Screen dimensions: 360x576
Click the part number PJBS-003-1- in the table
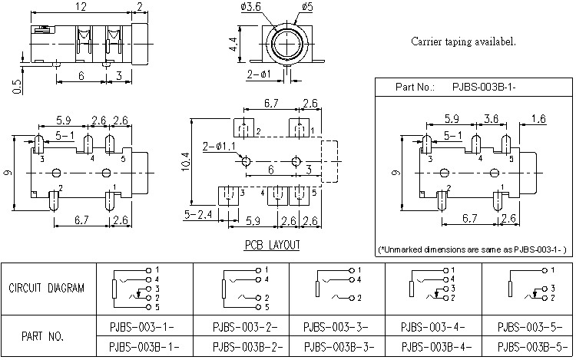[144, 325]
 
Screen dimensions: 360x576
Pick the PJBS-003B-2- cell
[240, 345]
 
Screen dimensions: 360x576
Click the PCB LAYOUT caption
[272, 246]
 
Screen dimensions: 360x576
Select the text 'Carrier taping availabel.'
[463, 41]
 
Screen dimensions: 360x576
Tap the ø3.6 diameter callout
[252, 8]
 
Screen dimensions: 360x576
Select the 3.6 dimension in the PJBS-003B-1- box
[491, 119]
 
